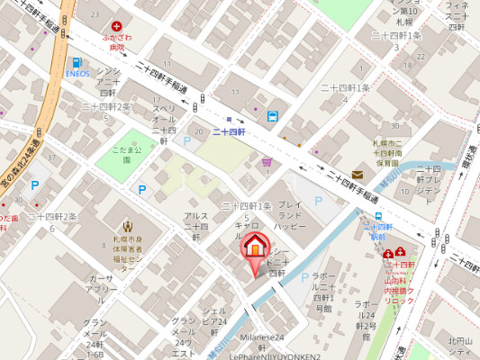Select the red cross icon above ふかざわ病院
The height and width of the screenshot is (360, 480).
(116, 28)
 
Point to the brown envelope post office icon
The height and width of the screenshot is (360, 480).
(358, 173)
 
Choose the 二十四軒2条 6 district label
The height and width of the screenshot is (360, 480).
(51, 221)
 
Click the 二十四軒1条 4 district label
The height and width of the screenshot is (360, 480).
(347, 93)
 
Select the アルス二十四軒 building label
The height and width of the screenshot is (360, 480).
(196, 221)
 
